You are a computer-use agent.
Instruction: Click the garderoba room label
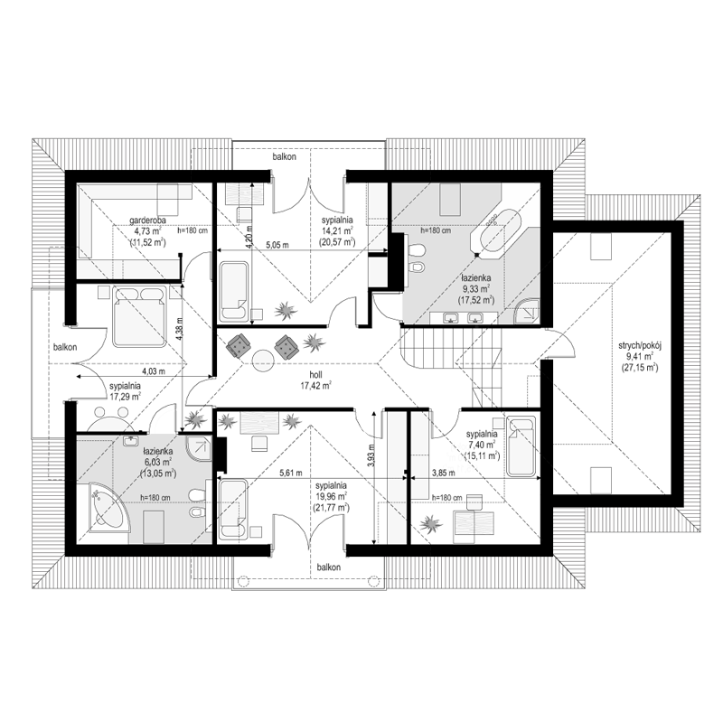coord(147,220)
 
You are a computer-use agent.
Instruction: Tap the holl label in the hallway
coord(315,375)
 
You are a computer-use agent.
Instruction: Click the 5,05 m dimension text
coord(277,245)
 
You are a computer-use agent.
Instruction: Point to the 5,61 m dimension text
coord(291,473)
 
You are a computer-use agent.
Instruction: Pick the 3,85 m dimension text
coord(443,473)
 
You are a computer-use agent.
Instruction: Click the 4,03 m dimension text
coord(153,370)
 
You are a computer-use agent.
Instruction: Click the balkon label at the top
coord(284,156)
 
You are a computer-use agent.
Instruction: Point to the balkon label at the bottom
coord(328,567)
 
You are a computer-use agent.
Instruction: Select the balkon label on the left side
coord(65,347)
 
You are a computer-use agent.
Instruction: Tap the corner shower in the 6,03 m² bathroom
coord(199,448)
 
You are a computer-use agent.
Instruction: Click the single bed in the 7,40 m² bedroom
coord(522,446)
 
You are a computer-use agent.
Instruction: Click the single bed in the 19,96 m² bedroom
coord(233,509)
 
